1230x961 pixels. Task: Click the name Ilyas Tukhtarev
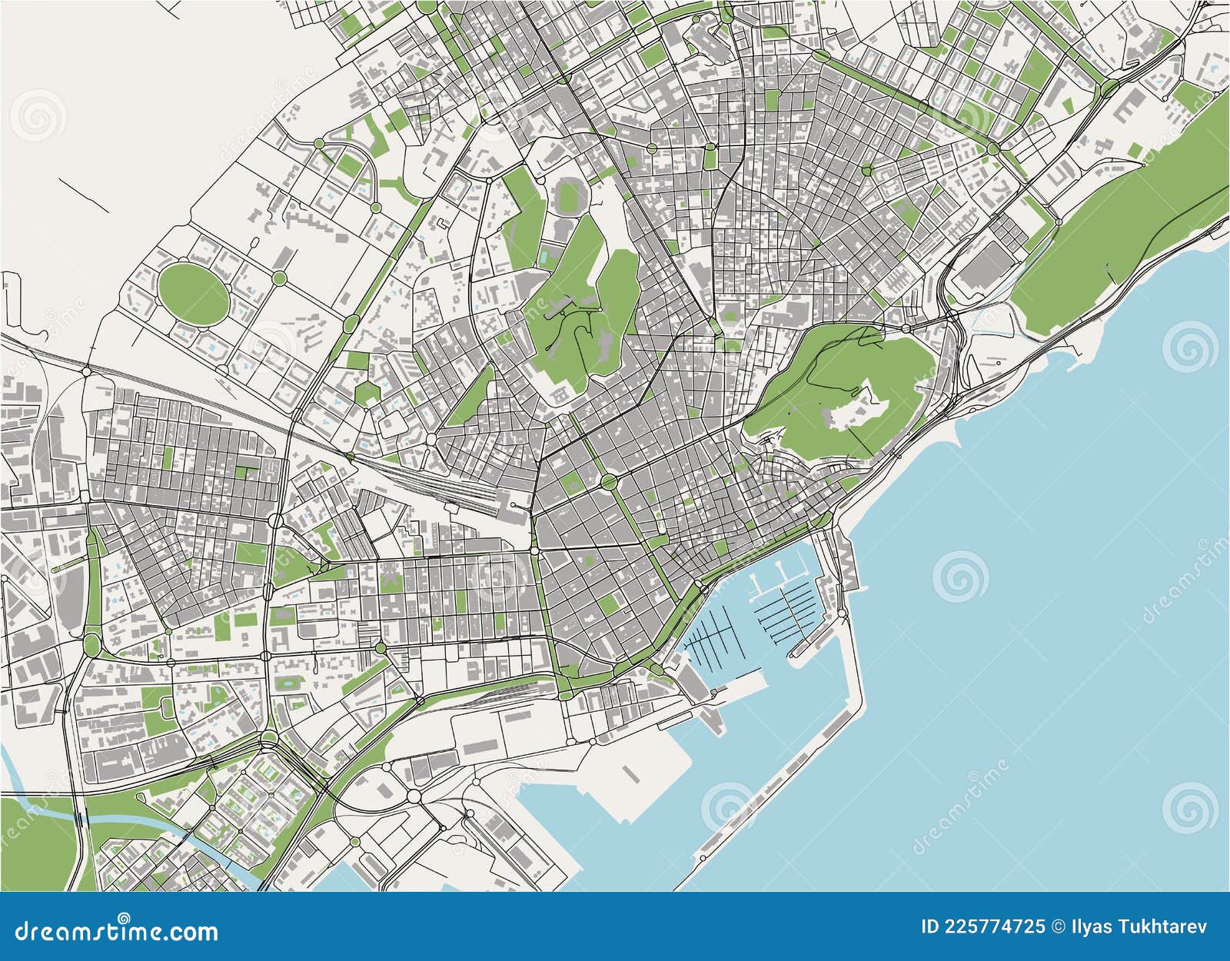[x=1153, y=926]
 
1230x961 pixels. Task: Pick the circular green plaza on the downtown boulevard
[x=609, y=482]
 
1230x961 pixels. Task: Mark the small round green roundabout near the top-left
[x=318, y=143]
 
